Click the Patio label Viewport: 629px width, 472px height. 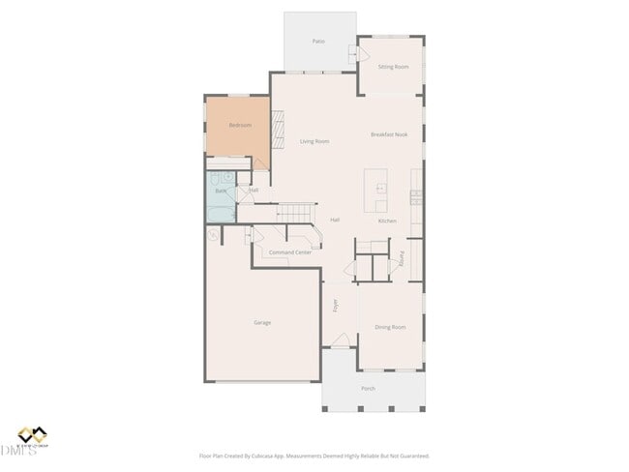pyautogui.click(x=318, y=42)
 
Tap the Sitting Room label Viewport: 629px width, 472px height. pyautogui.click(x=393, y=67)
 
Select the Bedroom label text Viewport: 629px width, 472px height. pyautogui.click(x=240, y=126)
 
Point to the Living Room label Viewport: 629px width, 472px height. pyautogui.click(x=314, y=142)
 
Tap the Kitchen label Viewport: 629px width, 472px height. pyautogui.click(x=387, y=221)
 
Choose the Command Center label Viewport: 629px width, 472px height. pyautogui.click(x=290, y=252)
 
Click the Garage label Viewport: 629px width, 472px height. pyautogui.click(x=262, y=322)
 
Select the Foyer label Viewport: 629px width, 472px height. pyautogui.click(x=336, y=306)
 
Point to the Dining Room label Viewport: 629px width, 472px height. pyautogui.click(x=390, y=328)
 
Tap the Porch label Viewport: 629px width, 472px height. pyautogui.click(x=368, y=389)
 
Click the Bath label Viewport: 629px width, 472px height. pyautogui.click(x=221, y=192)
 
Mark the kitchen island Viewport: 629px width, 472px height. pyautogui.click(x=376, y=191)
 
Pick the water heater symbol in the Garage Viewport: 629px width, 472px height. pyautogui.click(x=212, y=235)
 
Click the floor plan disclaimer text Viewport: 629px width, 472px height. pyautogui.click(x=314, y=456)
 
